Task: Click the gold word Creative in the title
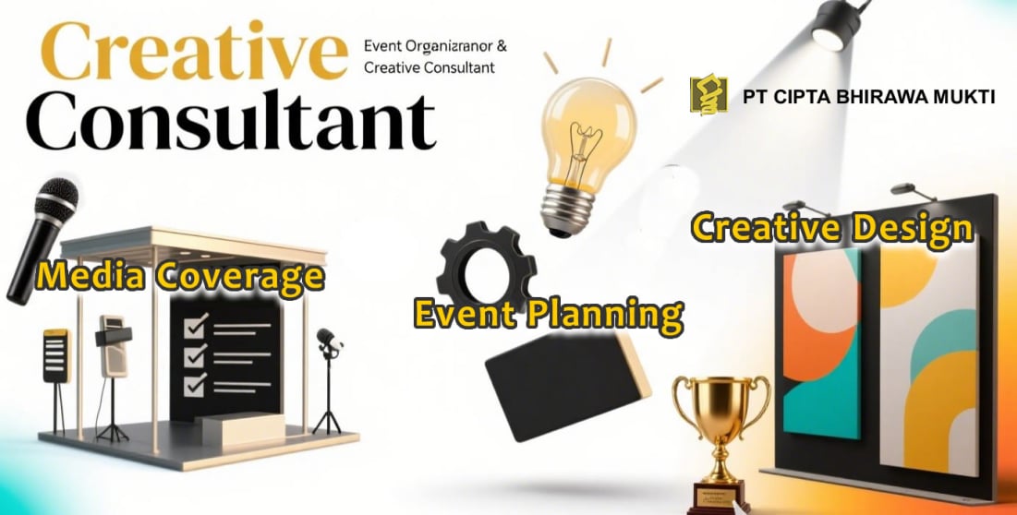click(x=194, y=51)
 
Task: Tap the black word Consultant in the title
click(x=231, y=122)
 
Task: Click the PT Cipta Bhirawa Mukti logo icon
click(x=708, y=94)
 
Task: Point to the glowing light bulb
click(x=581, y=155)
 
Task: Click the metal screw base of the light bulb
click(x=565, y=210)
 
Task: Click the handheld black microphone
click(x=42, y=240)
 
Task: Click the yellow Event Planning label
click(x=549, y=314)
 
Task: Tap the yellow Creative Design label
click(x=832, y=229)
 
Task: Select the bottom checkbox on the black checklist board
click(x=196, y=385)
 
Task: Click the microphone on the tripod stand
click(x=328, y=343)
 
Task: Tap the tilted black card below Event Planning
click(x=567, y=386)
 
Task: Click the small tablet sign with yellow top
click(x=56, y=355)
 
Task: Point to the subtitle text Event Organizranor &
click(x=435, y=47)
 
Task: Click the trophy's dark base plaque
click(x=718, y=497)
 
